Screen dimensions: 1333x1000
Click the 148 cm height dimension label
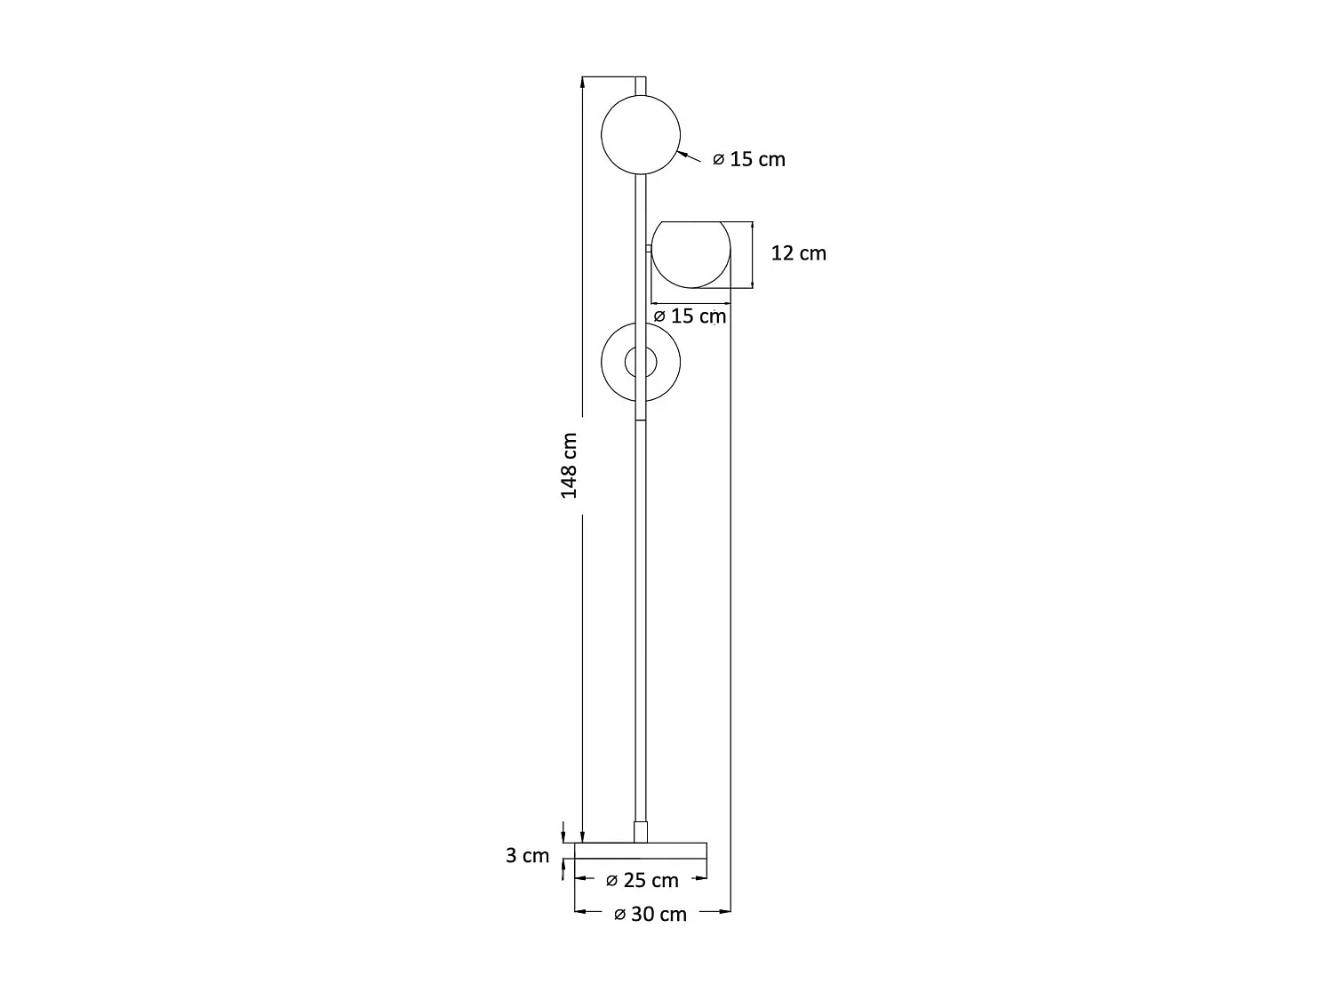click(569, 466)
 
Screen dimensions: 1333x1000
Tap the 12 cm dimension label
click(798, 253)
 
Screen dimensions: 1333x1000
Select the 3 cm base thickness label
click(527, 855)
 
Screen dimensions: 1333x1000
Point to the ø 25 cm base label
click(642, 880)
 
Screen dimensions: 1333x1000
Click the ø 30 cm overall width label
click(650, 915)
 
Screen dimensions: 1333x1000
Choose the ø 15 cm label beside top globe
click(749, 159)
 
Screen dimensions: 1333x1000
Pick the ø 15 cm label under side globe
click(690, 316)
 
